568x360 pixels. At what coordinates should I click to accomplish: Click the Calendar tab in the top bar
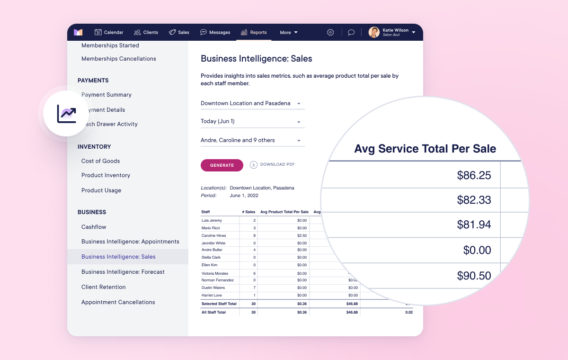coord(109,32)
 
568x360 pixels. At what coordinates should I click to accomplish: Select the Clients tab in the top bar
coord(146,32)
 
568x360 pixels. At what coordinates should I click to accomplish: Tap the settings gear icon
coord(330,32)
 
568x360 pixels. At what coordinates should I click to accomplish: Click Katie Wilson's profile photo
coord(374,32)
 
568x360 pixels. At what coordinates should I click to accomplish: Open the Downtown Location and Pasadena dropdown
coord(252,103)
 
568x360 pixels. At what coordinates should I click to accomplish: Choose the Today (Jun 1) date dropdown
coord(252,121)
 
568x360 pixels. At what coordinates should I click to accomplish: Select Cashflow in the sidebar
coord(94,227)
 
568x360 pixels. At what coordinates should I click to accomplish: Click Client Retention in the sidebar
coord(104,287)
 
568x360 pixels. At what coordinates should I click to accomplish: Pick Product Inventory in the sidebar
coord(106,175)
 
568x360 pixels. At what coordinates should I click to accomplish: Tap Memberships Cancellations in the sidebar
coord(119,59)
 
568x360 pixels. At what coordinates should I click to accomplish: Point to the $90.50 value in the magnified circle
coord(474,276)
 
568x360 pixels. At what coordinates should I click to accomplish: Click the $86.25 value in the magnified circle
coord(474,175)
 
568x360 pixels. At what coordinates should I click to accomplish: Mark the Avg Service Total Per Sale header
coord(425,149)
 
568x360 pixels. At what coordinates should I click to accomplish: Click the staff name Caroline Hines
coord(214,235)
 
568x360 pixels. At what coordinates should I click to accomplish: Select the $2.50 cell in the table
coord(302,235)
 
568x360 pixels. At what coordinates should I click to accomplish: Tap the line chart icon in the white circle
coord(67,114)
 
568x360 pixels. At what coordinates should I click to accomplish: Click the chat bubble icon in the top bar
coord(351,32)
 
